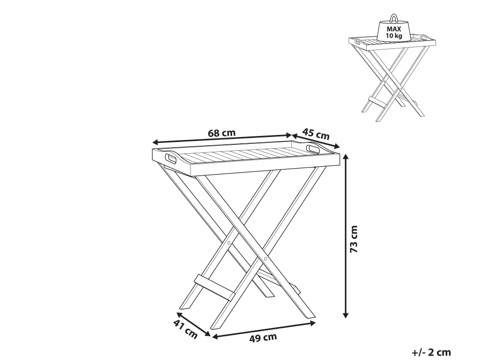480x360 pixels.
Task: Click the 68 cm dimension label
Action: point(222,133)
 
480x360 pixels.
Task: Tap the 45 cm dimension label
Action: point(316,134)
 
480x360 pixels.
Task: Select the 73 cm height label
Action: point(354,239)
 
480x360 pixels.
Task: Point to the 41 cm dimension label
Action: point(186,329)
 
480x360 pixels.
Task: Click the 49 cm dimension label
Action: point(263,338)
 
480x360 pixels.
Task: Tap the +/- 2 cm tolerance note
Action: point(432,353)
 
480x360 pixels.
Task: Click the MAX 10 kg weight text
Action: point(394,33)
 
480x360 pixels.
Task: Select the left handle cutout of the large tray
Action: point(171,159)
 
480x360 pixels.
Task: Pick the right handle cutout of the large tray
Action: point(313,149)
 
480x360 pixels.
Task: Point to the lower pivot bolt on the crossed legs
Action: point(265,259)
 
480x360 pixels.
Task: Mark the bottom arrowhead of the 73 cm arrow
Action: point(345,315)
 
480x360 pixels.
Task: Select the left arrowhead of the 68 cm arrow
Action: point(155,142)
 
